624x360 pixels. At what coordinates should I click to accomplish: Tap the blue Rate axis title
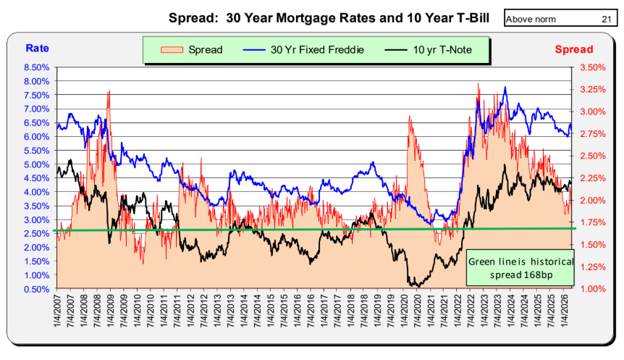click(x=37, y=49)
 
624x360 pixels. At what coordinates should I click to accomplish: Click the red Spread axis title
click(x=574, y=49)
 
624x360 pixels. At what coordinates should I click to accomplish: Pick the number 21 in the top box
click(x=606, y=19)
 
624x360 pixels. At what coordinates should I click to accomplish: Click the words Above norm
click(x=531, y=19)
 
